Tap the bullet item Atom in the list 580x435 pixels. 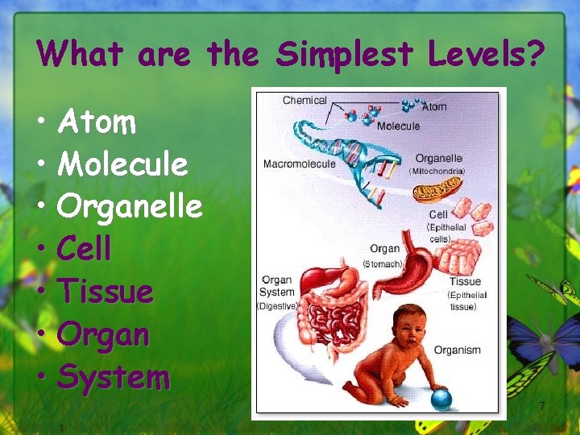pos(97,122)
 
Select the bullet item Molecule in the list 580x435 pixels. pos(122,164)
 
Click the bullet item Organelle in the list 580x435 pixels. pos(130,206)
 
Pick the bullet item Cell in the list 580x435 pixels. pos(85,249)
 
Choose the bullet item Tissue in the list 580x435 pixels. pos(106,291)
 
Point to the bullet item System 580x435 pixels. pos(114,376)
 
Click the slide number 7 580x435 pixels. pos(542,406)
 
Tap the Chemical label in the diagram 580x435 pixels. pos(304,101)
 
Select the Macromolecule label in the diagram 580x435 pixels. pos(299,164)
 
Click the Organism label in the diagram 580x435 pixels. pos(457,350)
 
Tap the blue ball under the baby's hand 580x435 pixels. pos(440,399)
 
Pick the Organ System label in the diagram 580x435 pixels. pos(278,287)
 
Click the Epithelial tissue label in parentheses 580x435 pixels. pos(467,300)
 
